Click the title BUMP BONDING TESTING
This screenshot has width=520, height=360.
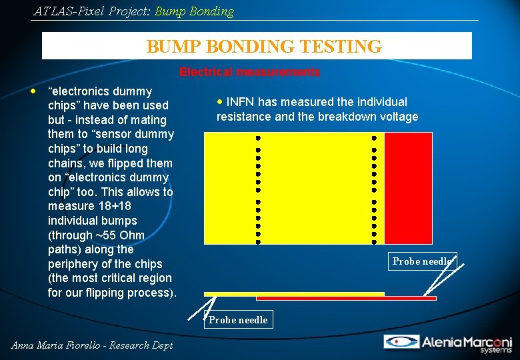pyautogui.click(x=264, y=47)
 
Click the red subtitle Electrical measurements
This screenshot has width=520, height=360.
pyautogui.click(x=249, y=72)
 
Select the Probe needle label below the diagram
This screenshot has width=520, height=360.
pyautogui.click(x=238, y=320)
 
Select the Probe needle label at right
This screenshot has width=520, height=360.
pyautogui.click(x=422, y=261)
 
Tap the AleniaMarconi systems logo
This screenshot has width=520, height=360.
pyautogui.click(x=447, y=343)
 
